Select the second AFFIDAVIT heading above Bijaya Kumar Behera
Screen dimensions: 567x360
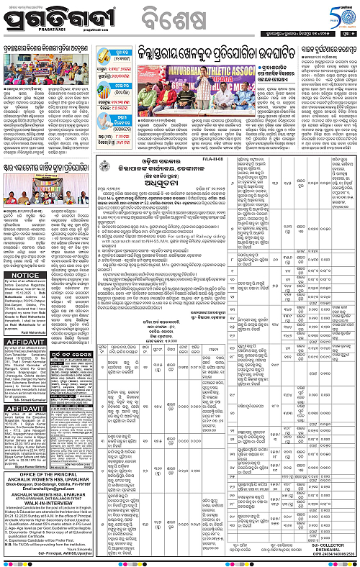pos(22,419)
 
